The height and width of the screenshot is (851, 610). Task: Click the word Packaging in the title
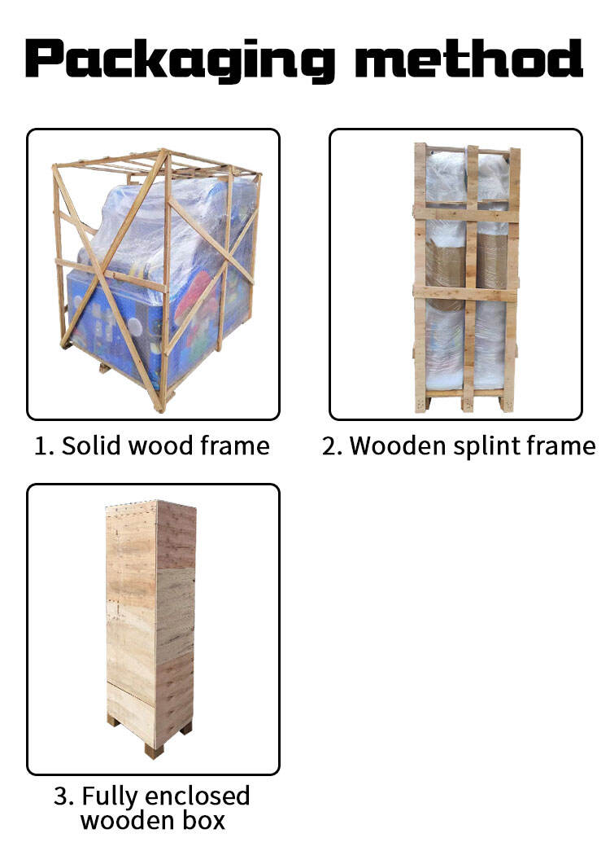click(x=180, y=60)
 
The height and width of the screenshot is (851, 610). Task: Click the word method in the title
click(x=468, y=58)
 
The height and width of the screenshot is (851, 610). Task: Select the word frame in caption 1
click(x=235, y=445)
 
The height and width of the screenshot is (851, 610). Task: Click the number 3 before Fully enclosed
click(x=64, y=796)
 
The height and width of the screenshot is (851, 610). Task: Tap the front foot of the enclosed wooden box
click(x=154, y=750)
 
